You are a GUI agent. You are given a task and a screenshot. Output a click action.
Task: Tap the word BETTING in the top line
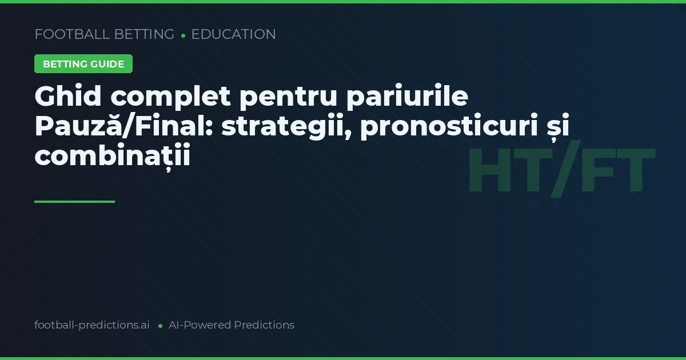(x=144, y=34)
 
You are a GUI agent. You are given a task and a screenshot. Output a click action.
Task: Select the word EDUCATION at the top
(x=233, y=34)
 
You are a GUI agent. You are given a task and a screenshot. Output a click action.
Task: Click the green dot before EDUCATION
(x=183, y=35)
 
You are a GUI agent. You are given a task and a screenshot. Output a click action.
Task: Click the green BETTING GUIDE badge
(x=83, y=64)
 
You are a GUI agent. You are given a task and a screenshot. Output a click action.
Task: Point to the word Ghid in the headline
(x=68, y=97)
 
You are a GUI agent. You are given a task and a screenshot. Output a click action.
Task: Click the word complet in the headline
(x=171, y=97)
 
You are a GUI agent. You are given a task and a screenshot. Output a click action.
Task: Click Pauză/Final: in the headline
(x=123, y=127)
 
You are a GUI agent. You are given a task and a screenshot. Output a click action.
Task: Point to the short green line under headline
(x=74, y=202)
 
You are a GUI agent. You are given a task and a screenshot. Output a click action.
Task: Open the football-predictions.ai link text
(x=92, y=325)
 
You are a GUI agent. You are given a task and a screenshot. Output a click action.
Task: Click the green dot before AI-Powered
(x=160, y=326)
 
